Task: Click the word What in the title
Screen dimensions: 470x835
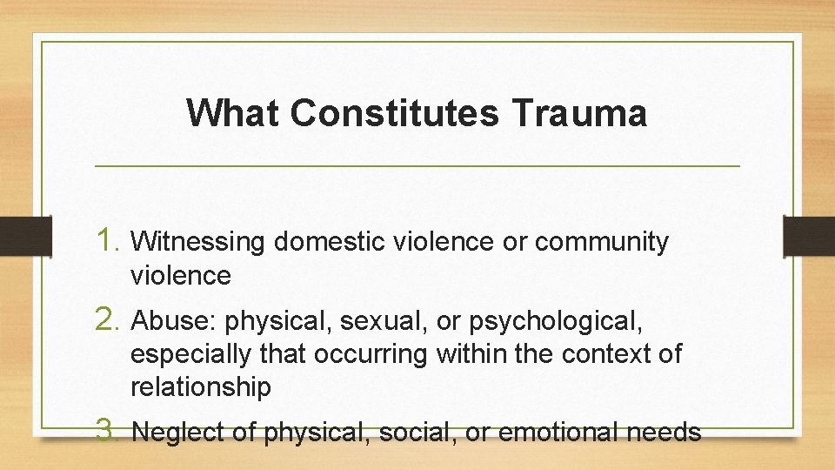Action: (x=232, y=113)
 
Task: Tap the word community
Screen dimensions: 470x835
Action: (x=602, y=242)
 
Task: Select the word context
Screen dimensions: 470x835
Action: (x=608, y=354)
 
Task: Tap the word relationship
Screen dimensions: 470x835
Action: (x=201, y=386)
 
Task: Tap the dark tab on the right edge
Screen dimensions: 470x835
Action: (x=808, y=235)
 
